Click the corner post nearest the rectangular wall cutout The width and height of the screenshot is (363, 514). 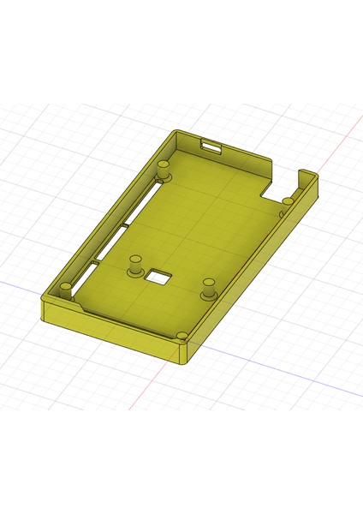pyautogui.click(x=163, y=166)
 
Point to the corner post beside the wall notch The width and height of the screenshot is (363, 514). pyautogui.click(x=288, y=202)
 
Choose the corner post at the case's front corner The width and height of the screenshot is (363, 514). pyautogui.click(x=182, y=337)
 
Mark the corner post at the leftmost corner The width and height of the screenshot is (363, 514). pyautogui.click(x=65, y=288)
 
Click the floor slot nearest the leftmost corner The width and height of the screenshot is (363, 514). pyautogui.click(x=86, y=275)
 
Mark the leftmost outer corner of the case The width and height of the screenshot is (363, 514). pyautogui.click(x=43, y=308)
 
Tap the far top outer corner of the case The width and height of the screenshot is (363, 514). pyautogui.click(x=176, y=132)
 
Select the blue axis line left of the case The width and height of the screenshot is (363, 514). pyautogui.click(x=17, y=282)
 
